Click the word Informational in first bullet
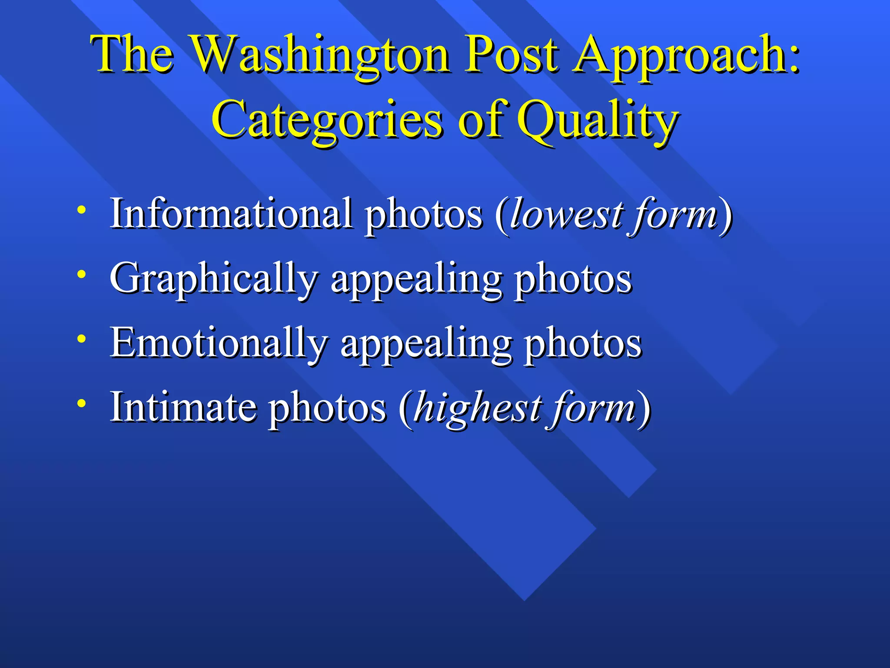point(231,213)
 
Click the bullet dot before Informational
point(81,210)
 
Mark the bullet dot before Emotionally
point(81,339)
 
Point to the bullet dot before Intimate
point(81,403)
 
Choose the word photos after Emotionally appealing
point(582,344)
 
